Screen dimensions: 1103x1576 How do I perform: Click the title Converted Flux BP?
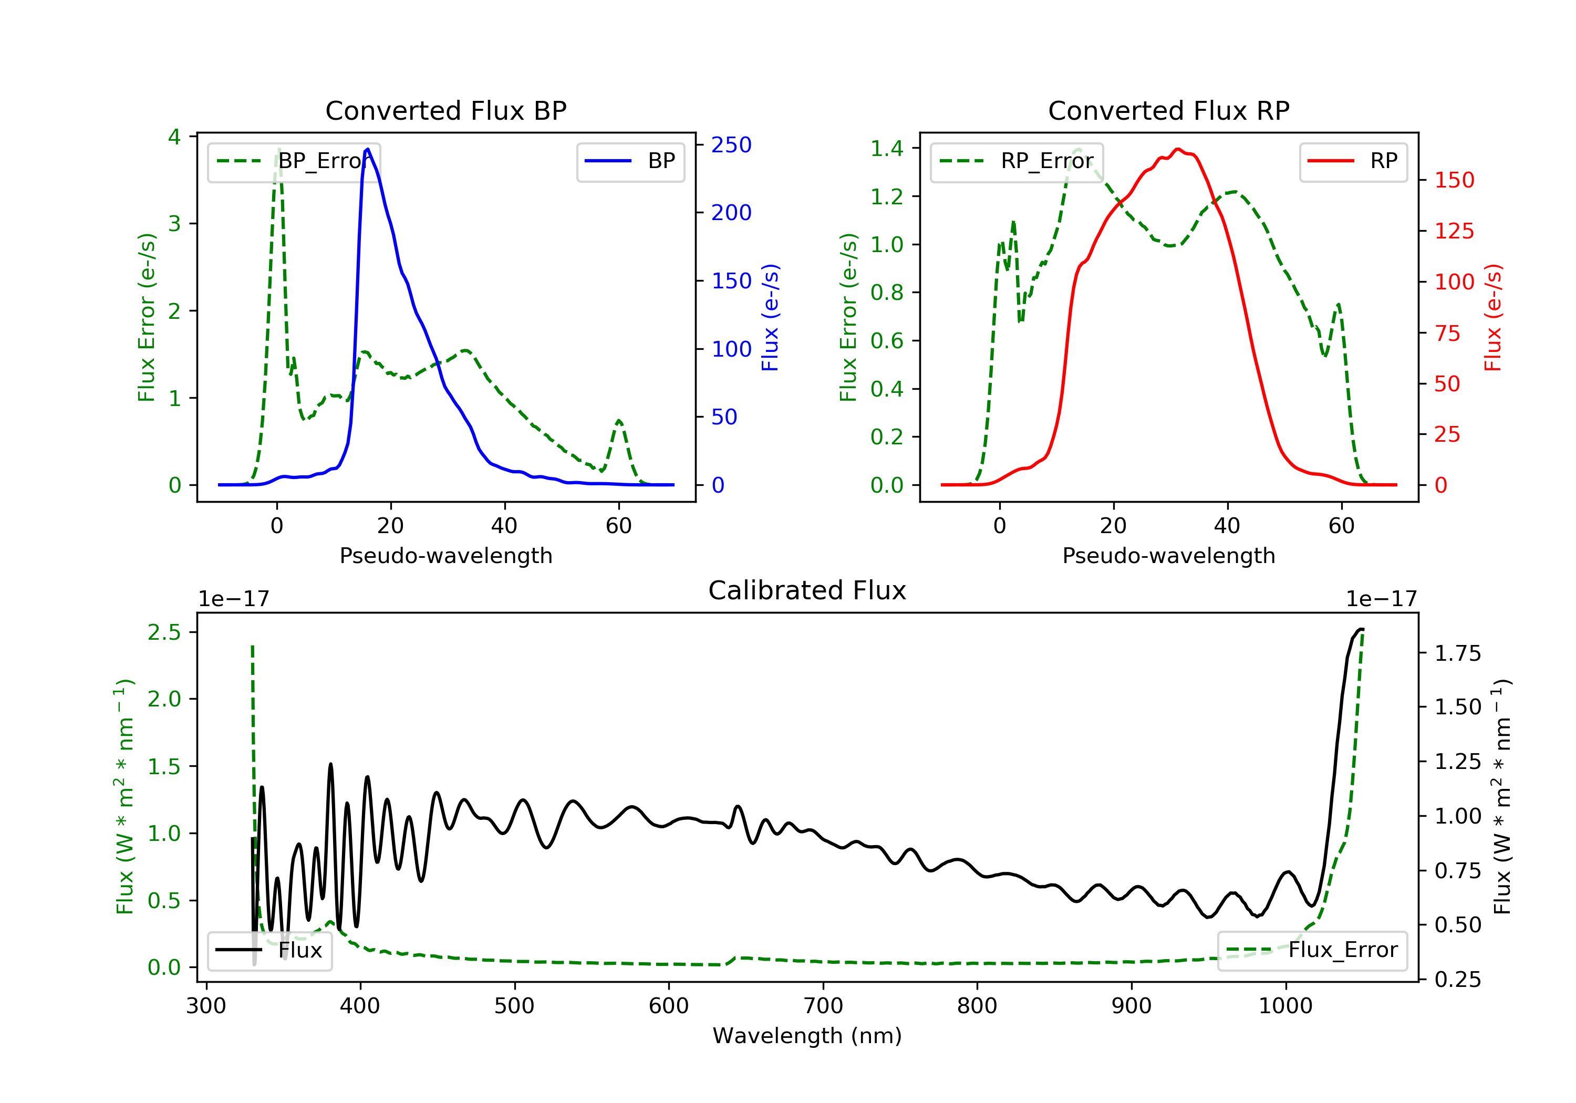[445, 110]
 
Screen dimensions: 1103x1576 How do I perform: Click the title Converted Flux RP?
[1168, 110]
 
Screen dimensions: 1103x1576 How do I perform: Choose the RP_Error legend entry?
[1017, 161]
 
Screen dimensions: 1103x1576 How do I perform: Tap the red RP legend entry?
[1353, 161]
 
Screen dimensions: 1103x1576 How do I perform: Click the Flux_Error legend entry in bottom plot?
[1312, 950]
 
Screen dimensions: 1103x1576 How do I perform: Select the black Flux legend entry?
[270, 950]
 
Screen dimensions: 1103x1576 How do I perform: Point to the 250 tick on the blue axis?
[731, 145]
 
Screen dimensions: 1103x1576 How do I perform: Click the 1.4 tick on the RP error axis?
[887, 148]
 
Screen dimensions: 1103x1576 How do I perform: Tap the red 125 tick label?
[1454, 231]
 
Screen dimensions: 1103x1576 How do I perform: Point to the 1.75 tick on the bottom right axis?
[1458, 653]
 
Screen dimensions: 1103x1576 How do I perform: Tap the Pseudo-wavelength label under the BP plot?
[445, 555]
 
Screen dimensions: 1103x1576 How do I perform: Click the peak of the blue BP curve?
[368, 149]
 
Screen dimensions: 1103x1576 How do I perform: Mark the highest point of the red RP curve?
[1178, 149]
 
